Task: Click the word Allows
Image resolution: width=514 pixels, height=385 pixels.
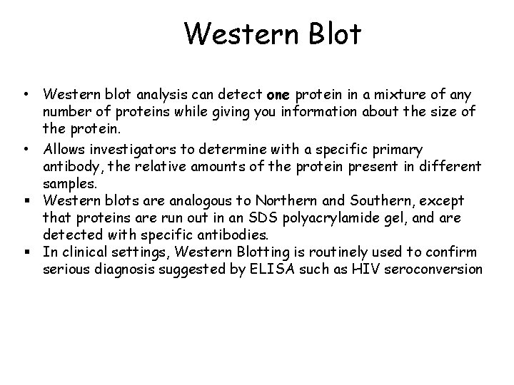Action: tap(64, 149)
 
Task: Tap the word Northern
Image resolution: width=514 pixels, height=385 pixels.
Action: tap(274, 201)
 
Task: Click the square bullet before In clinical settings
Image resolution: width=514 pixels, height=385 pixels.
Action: tap(25, 251)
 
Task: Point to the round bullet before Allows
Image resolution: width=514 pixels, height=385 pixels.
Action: tap(25, 149)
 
